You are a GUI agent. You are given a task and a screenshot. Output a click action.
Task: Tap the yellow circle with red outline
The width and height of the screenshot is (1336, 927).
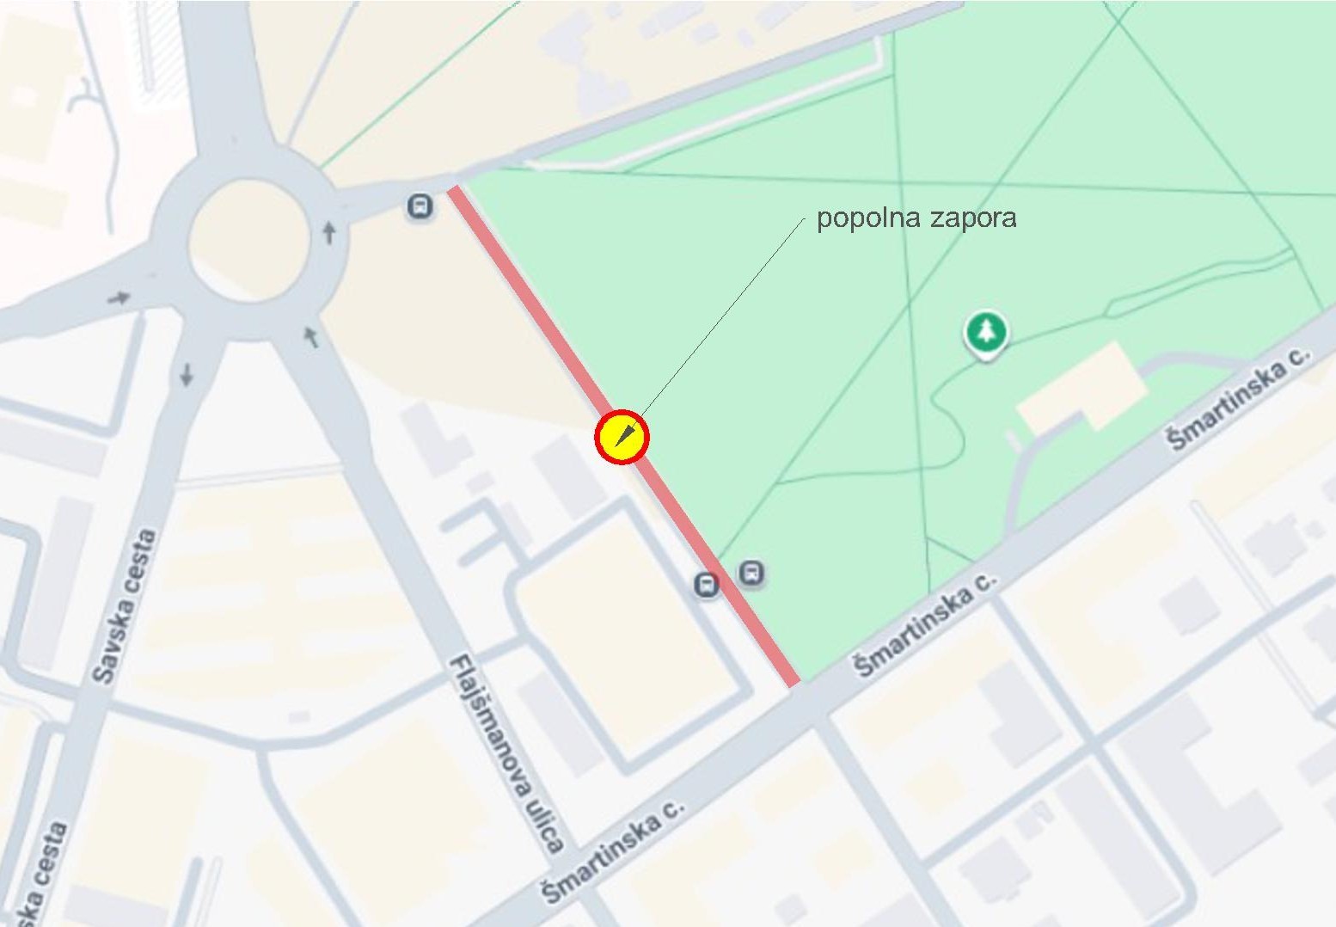(622, 437)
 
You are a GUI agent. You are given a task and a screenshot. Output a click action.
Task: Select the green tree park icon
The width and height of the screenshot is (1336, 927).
(986, 332)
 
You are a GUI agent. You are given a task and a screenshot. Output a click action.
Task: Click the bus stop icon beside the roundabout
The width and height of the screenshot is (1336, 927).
(420, 206)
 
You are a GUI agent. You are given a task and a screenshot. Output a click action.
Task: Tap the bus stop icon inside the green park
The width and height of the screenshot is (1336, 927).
(751, 573)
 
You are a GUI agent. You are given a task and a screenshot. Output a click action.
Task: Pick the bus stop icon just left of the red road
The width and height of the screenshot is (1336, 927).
(707, 586)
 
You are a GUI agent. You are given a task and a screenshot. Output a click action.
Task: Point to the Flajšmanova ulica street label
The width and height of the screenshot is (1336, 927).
(507, 752)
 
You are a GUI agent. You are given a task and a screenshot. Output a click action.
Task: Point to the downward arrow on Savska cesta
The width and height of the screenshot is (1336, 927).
(187, 374)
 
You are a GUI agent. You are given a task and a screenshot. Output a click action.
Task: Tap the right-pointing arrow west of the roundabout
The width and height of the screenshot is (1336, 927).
(119, 298)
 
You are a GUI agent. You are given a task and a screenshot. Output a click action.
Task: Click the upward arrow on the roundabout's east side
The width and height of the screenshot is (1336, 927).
(328, 231)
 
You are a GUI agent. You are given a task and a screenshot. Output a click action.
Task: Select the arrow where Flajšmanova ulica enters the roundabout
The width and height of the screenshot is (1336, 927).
(311, 336)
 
